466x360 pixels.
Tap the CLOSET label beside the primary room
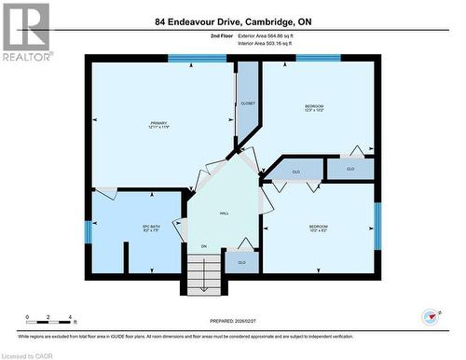point(248,103)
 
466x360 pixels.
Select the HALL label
point(225,214)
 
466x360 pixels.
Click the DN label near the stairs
point(203,246)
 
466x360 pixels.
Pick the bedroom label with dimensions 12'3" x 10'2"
point(314,109)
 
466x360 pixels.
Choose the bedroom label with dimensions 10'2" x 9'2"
point(319,228)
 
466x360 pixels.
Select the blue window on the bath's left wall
point(89,230)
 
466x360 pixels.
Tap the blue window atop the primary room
point(198,58)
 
